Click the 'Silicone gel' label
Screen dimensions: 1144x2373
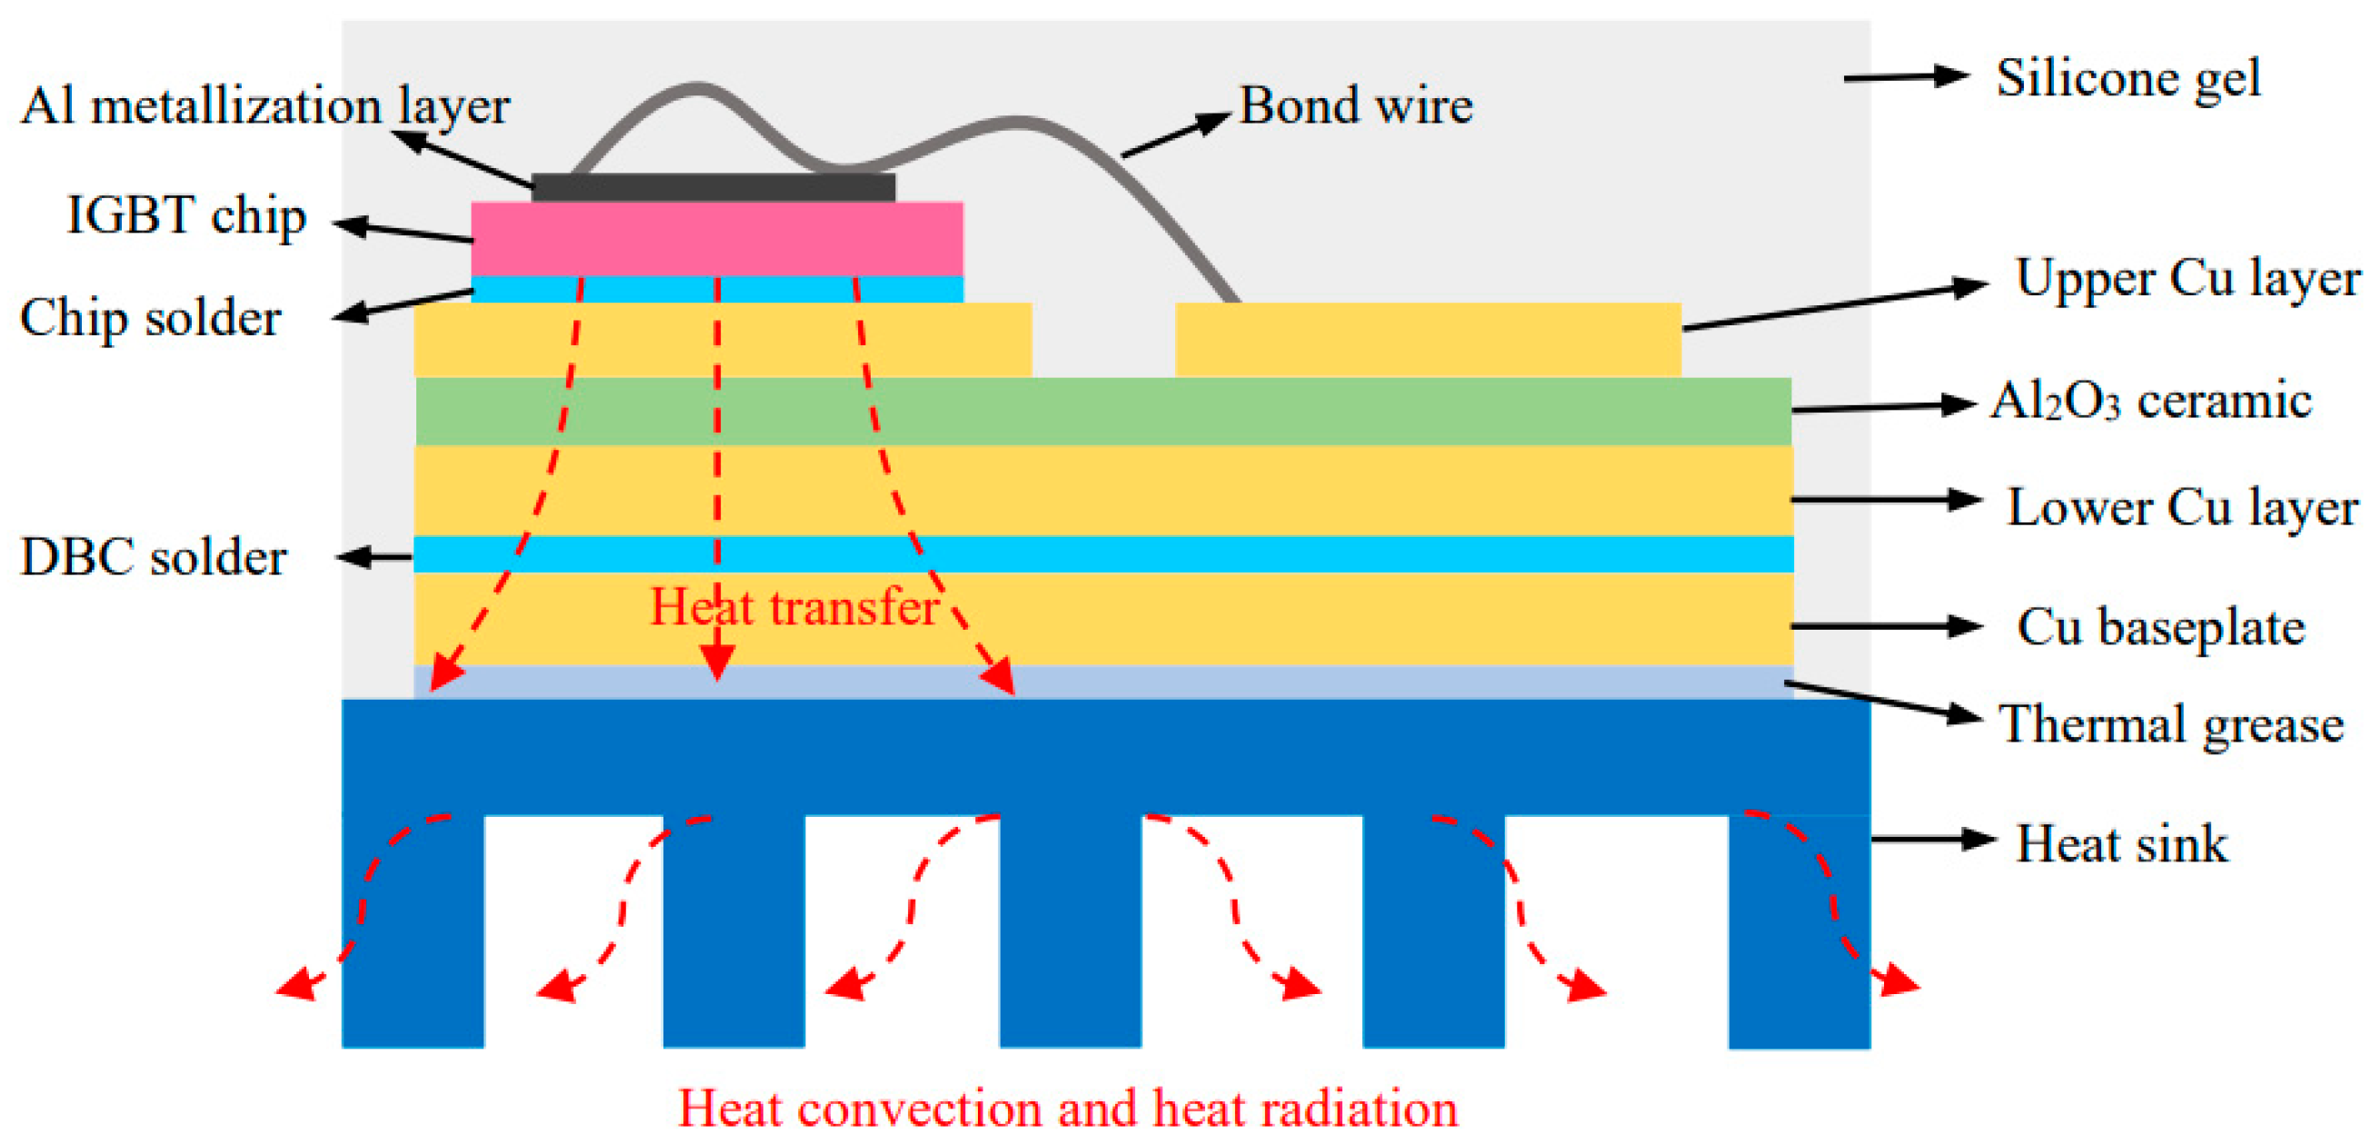2128,79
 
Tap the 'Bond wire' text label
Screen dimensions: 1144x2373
1355,105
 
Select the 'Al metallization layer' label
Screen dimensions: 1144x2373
265,106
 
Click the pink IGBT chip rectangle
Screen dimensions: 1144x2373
717,239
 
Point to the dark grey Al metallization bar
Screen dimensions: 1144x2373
713,188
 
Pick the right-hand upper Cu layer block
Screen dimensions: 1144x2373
1427,339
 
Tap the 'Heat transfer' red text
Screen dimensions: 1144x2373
794,607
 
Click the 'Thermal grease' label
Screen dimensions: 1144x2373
2170,724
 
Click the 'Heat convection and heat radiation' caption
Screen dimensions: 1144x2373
1069,1108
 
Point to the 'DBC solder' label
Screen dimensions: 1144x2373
154,558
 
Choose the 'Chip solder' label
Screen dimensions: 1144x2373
150,319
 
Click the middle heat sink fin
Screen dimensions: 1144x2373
1071,930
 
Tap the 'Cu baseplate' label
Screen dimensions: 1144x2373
2160,628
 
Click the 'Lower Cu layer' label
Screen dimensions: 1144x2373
2181,508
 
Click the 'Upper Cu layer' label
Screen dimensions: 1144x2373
2187,278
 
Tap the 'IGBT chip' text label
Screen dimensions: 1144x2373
186,216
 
